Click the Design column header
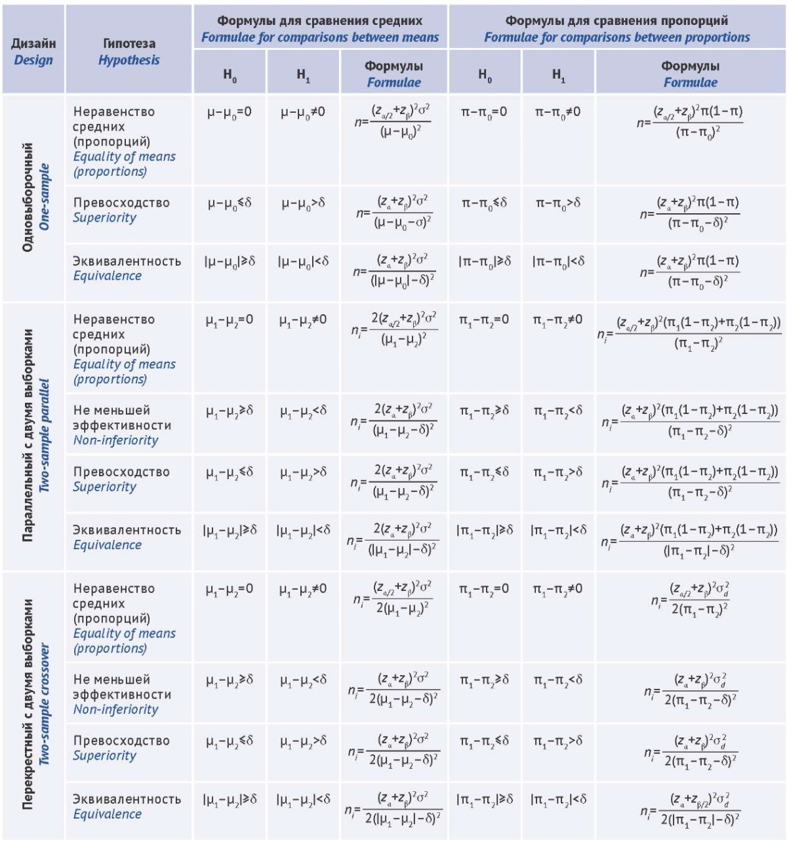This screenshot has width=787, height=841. coord(33,51)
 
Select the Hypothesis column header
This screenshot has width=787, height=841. coord(129,51)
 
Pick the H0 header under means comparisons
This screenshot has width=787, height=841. coord(230,75)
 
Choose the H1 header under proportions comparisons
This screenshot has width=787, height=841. coord(558,75)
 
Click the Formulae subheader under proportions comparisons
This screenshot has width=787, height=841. coord(690,73)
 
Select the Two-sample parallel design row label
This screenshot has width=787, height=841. coord(34,436)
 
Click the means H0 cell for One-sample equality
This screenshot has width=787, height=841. coord(230,113)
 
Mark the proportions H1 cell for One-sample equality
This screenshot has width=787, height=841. coord(557,113)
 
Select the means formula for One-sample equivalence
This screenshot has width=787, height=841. coord(394,271)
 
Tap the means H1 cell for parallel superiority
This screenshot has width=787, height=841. coord(303,472)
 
